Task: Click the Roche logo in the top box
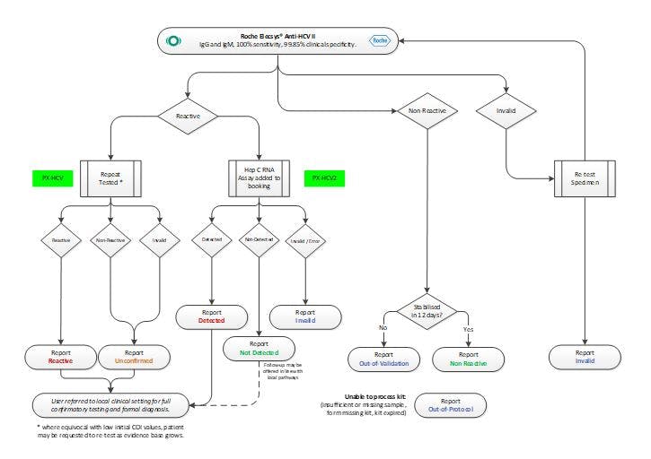pos(374,40)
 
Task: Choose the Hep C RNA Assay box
pos(260,178)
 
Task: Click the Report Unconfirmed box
pos(134,358)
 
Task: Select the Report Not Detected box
pos(259,349)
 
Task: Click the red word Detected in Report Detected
pos(211,320)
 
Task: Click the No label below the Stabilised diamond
pos(383,329)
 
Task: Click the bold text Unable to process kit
pos(372,396)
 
